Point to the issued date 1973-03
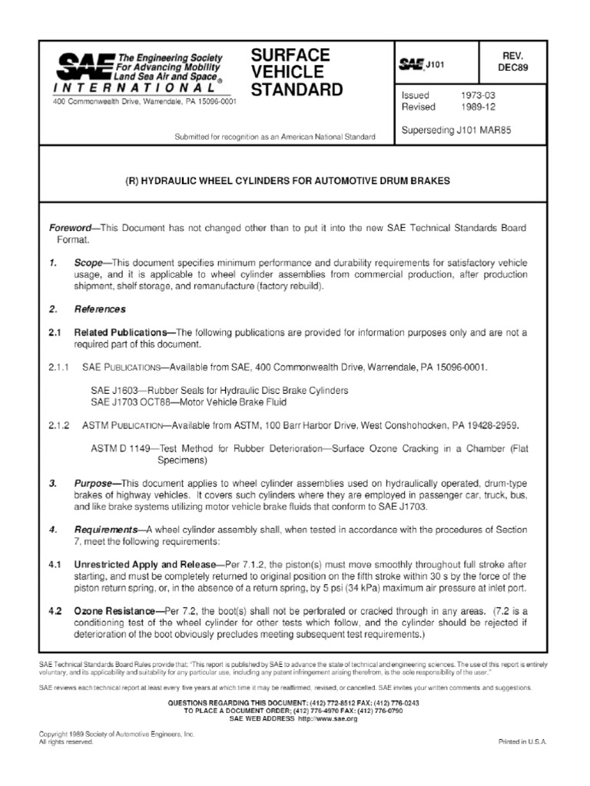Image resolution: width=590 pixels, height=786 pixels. (479, 94)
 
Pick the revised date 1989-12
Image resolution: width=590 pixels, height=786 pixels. (479, 107)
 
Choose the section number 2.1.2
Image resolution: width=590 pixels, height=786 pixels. (58, 424)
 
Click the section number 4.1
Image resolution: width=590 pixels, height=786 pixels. (54, 564)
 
